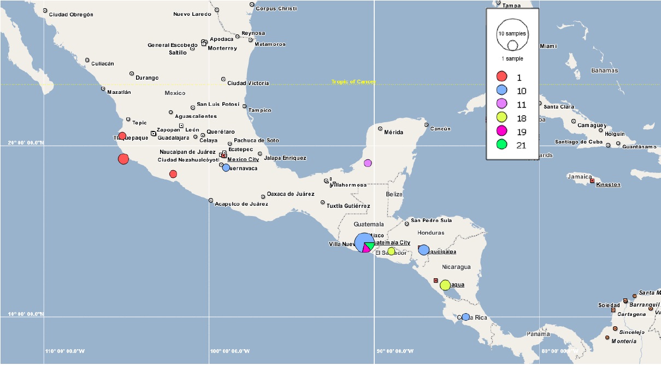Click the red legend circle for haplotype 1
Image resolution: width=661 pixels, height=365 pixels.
pos(501,77)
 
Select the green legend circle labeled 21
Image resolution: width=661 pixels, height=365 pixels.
pos(501,145)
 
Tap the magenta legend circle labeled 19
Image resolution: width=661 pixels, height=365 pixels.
pos(501,131)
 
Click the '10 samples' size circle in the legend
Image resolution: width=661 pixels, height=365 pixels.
pos(512,33)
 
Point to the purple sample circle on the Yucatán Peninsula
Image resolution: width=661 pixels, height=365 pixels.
pos(368,163)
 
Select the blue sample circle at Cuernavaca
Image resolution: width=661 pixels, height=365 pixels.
pos(226,167)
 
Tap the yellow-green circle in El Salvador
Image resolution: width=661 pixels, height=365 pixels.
pos(391,251)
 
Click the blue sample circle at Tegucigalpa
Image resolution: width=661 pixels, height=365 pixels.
pos(423,250)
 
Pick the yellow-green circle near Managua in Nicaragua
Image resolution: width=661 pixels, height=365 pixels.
pos(445,285)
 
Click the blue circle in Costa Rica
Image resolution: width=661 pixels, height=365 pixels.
pos(465,317)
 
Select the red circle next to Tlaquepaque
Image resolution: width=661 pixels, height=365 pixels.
pos(122,136)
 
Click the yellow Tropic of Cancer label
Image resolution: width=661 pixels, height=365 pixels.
pos(353,82)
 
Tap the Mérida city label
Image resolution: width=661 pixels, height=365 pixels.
pos(393,133)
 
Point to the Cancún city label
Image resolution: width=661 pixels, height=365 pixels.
pos(440,129)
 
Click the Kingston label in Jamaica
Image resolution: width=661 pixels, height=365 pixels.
pos(608,184)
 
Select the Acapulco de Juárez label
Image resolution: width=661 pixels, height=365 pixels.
pos(241,204)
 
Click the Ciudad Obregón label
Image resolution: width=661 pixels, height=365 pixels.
pos(71,15)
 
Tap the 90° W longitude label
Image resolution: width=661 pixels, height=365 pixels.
pos(395,351)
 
